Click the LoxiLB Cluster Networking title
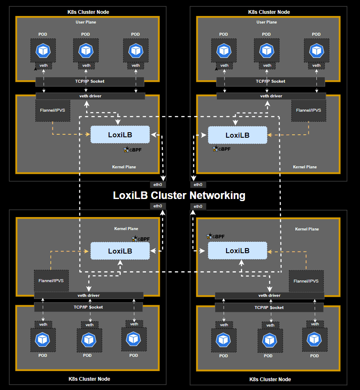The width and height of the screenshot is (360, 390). pyautogui.click(x=179, y=196)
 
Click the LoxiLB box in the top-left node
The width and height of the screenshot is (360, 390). pyautogui.click(x=120, y=135)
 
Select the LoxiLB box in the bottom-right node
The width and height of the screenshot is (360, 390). pyautogui.click(x=237, y=251)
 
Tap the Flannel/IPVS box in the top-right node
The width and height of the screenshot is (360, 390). pyautogui.click(x=308, y=110)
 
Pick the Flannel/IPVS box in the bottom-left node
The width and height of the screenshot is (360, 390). pyautogui.click(x=51, y=280)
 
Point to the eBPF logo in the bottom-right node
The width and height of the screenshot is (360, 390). pyautogui.click(x=215, y=237)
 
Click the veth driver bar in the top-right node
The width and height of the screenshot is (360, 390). pyautogui.click(x=271, y=96)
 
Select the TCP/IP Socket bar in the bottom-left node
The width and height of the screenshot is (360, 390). pyautogui.click(x=88, y=307)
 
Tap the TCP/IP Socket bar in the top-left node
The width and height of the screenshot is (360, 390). pyautogui.click(x=89, y=81)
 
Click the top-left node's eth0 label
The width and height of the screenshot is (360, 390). pyautogui.click(x=158, y=184)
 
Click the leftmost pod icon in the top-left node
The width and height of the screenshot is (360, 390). pyautogui.click(x=43, y=50)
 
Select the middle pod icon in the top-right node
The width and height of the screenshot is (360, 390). pyautogui.click(x=266, y=50)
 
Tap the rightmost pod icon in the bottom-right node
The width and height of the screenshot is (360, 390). pyautogui.click(x=314, y=339)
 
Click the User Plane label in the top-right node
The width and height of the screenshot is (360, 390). pyautogui.click(x=266, y=22)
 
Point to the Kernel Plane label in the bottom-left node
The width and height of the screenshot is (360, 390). pyautogui.click(x=126, y=229)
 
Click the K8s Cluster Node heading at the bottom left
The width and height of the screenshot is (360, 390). pyautogui.click(x=89, y=379)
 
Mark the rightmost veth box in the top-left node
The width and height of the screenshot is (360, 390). pyautogui.click(x=136, y=65)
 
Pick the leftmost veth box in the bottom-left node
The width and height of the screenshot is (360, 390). pyautogui.click(x=43, y=324)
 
